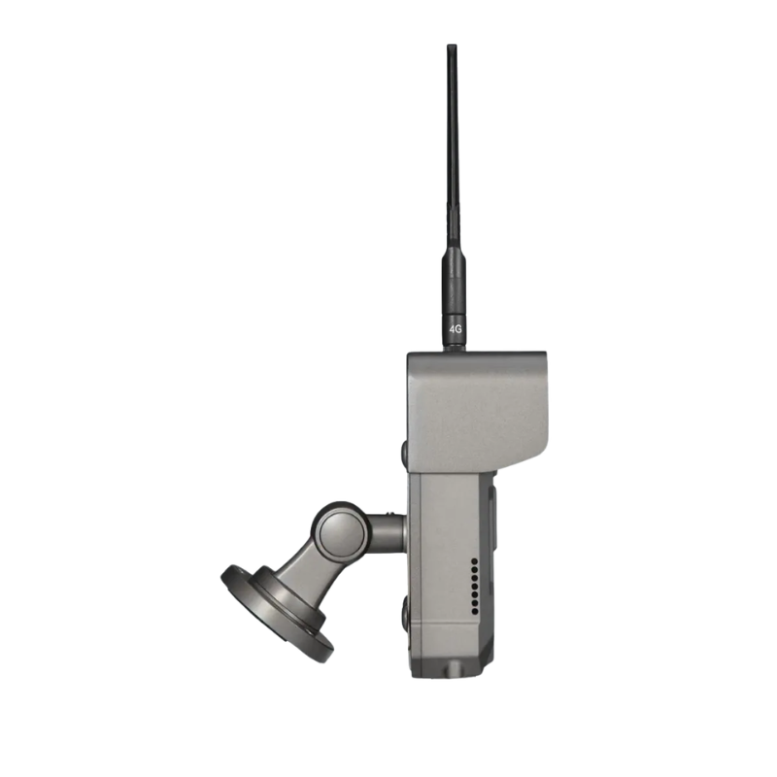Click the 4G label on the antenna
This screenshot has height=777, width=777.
tap(455, 329)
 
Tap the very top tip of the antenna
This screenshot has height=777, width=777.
tap(452, 45)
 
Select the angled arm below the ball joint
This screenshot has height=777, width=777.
tap(305, 575)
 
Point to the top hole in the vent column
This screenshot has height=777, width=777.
tap(475, 561)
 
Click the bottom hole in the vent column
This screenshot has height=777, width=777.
tap(475, 612)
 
